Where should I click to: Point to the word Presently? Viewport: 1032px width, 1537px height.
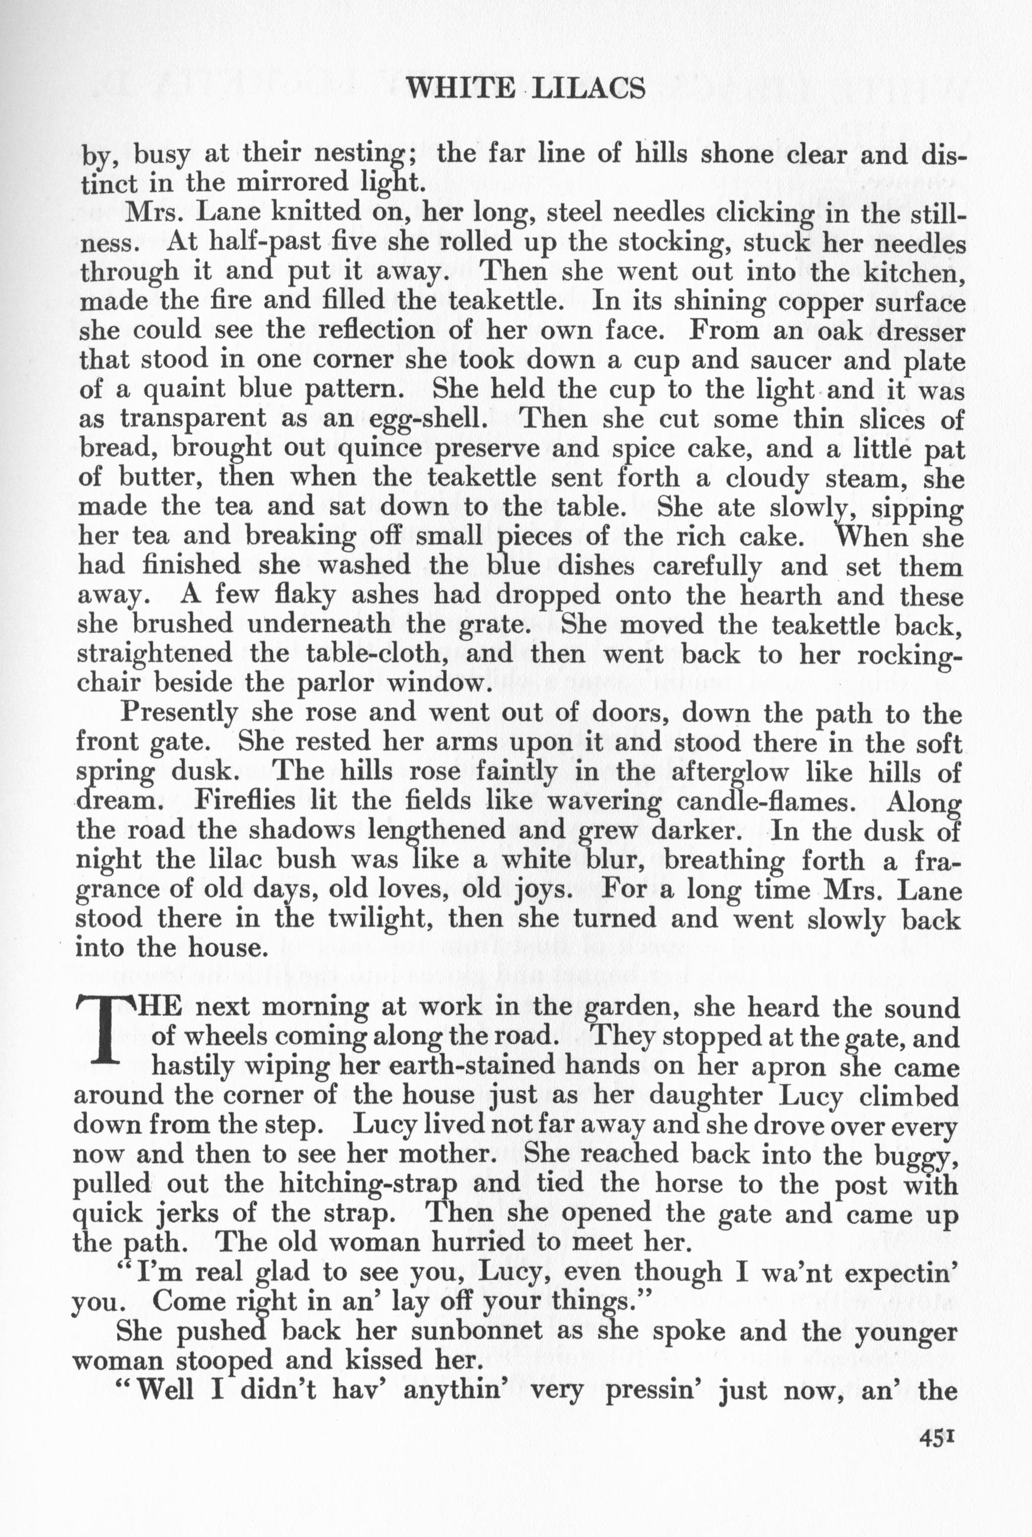(x=180, y=712)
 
